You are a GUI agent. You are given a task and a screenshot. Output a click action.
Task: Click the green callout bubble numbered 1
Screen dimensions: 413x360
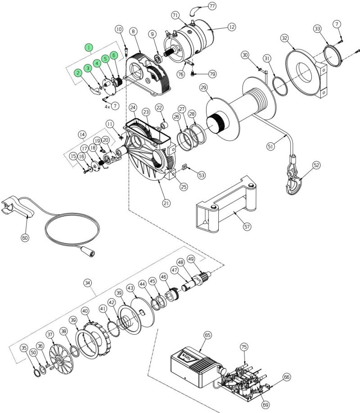coord(90,47)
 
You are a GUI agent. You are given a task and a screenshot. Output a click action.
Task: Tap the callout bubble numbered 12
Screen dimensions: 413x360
coord(231,27)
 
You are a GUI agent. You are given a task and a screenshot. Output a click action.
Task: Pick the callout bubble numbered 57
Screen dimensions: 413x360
coord(247,227)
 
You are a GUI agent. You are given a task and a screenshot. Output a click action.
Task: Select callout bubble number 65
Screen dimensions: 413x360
coord(207,335)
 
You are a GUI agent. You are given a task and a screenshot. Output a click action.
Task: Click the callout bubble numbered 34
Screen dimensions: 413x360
coord(88,283)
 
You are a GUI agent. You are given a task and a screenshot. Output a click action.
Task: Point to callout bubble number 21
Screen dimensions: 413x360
coord(166,204)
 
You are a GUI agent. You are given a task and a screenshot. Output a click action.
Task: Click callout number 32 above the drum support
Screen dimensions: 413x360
coord(284,38)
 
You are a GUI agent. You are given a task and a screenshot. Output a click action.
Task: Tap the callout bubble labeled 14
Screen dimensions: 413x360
coord(82,134)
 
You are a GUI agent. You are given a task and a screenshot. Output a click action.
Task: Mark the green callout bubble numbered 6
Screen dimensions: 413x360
coord(114,55)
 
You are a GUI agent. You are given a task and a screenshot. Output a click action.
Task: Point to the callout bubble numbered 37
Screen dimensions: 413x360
coord(50,335)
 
